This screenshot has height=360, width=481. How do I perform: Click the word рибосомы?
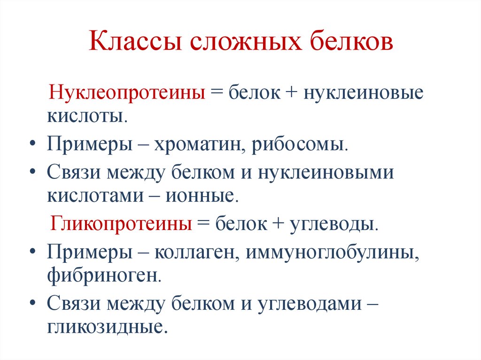pyautogui.click(x=300, y=144)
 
